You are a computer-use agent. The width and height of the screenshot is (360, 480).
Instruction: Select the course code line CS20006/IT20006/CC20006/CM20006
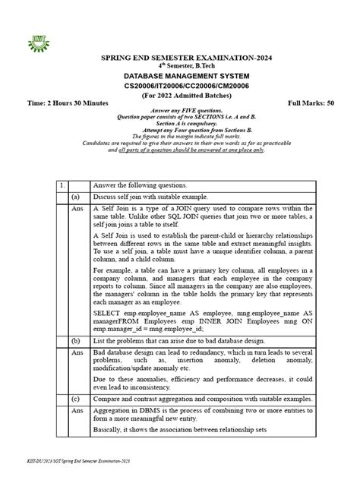[180, 89]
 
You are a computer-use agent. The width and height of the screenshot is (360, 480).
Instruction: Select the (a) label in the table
[76, 196]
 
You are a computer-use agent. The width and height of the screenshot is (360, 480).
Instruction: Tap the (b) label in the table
[76, 341]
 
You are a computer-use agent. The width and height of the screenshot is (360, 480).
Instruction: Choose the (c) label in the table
[76, 398]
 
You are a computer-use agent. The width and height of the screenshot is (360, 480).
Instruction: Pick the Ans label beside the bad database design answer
[76, 353]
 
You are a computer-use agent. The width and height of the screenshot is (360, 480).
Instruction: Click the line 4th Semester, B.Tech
[180, 66]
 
